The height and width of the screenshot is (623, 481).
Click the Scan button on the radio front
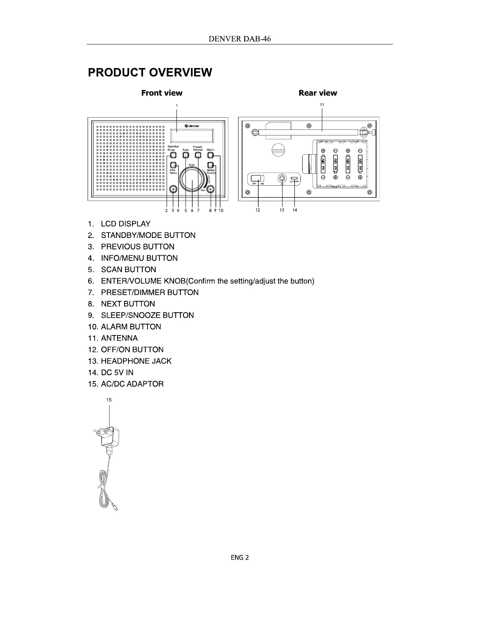click(x=185, y=155)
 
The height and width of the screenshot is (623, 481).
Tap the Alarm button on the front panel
click(x=211, y=155)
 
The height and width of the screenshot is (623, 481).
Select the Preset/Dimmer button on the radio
click(x=198, y=155)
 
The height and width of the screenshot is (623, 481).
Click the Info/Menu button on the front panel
click(x=173, y=165)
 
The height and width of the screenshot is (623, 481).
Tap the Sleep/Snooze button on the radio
click(x=211, y=165)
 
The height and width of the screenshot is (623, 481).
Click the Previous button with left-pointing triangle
click(x=173, y=190)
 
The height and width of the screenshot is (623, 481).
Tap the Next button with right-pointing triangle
click(x=211, y=190)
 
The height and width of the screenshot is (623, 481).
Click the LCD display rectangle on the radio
click(x=193, y=136)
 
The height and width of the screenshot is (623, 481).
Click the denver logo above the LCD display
click(x=192, y=126)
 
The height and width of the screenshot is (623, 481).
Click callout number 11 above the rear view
click(x=322, y=105)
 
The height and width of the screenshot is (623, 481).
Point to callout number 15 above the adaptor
click(x=109, y=400)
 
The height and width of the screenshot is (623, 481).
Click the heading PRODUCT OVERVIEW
click(x=150, y=72)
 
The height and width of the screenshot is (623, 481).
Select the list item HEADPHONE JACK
click(x=136, y=361)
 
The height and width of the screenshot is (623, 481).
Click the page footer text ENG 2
click(x=240, y=557)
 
